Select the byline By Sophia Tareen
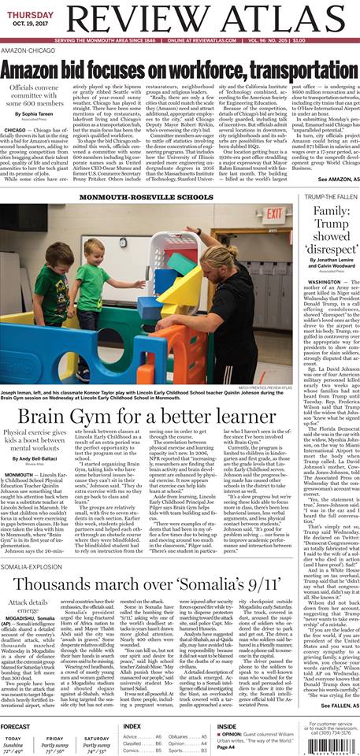(x=45, y=115)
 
